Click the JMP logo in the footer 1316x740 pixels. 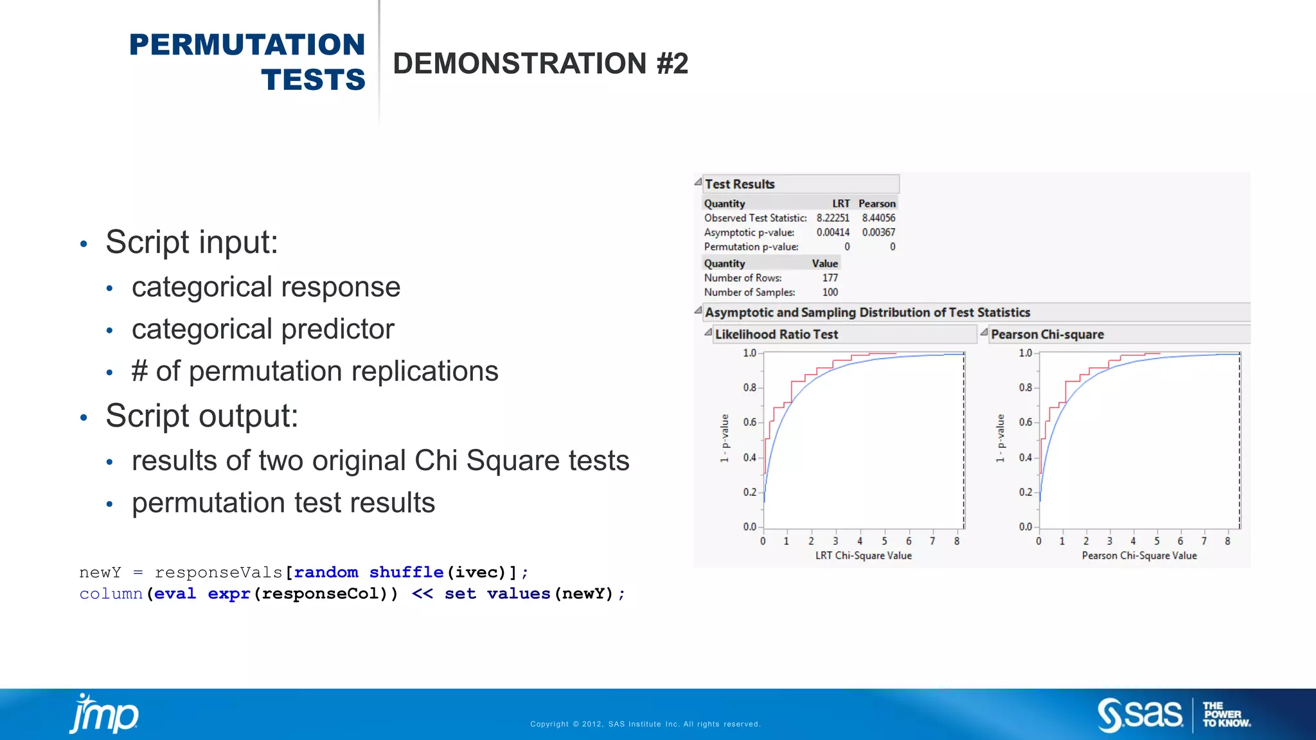[x=104, y=714]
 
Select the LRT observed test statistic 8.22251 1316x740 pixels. [x=833, y=218]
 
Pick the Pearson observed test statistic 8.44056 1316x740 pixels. [x=878, y=218]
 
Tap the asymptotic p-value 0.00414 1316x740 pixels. [x=833, y=233]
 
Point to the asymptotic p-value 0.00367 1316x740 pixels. [x=878, y=233]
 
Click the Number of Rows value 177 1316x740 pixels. [x=830, y=278]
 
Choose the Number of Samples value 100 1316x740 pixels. [x=830, y=292]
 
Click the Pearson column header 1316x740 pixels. [x=876, y=204]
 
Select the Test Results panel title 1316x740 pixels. [x=740, y=184]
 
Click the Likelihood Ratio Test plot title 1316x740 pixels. [x=776, y=335]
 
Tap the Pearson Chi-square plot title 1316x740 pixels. [x=1047, y=335]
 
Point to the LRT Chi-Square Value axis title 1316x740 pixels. [x=864, y=556]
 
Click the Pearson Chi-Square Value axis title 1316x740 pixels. [x=1139, y=556]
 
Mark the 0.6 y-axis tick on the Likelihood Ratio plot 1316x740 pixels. [x=750, y=423]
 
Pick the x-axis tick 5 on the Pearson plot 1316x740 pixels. [x=1157, y=542]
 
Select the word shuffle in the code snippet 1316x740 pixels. [x=406, y=572]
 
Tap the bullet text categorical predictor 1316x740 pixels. [x=263, y=330]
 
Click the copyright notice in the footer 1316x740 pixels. [x=645, y=724]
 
